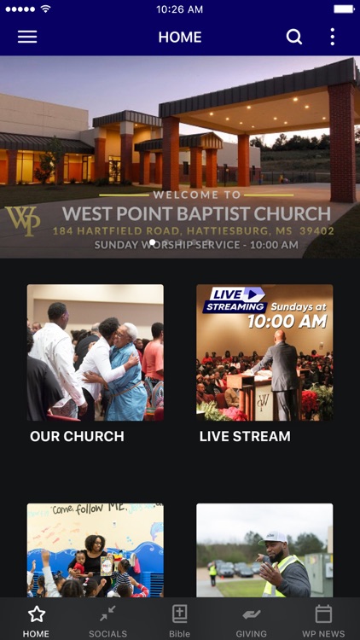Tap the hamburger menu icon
coord(27,37)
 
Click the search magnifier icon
coord(293,37)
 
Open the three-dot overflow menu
coord(332,37)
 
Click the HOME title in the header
coord(180,38)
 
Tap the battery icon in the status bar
coord(344,9)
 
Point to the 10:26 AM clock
coord(180,9)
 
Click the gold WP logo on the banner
coord(22,220)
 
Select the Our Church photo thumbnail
coord(95,352)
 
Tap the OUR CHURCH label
coord(77,436)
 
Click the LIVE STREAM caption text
coord(245,436)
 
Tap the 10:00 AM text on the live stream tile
coord(287,322)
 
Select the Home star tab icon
coord(36,614)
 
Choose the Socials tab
coord(107,619)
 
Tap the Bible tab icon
coord(179,614)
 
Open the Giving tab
coord(251,619)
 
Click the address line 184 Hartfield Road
coord(193,231)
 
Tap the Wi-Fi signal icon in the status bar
coord(45,9)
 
